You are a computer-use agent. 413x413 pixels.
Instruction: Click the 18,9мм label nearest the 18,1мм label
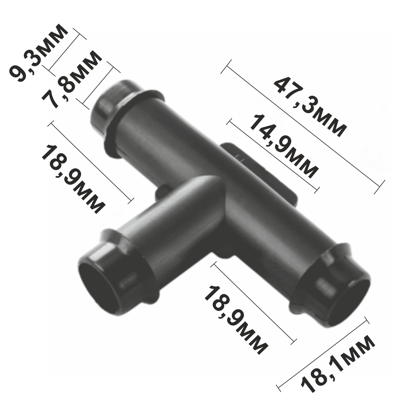(x=235, y=320)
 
